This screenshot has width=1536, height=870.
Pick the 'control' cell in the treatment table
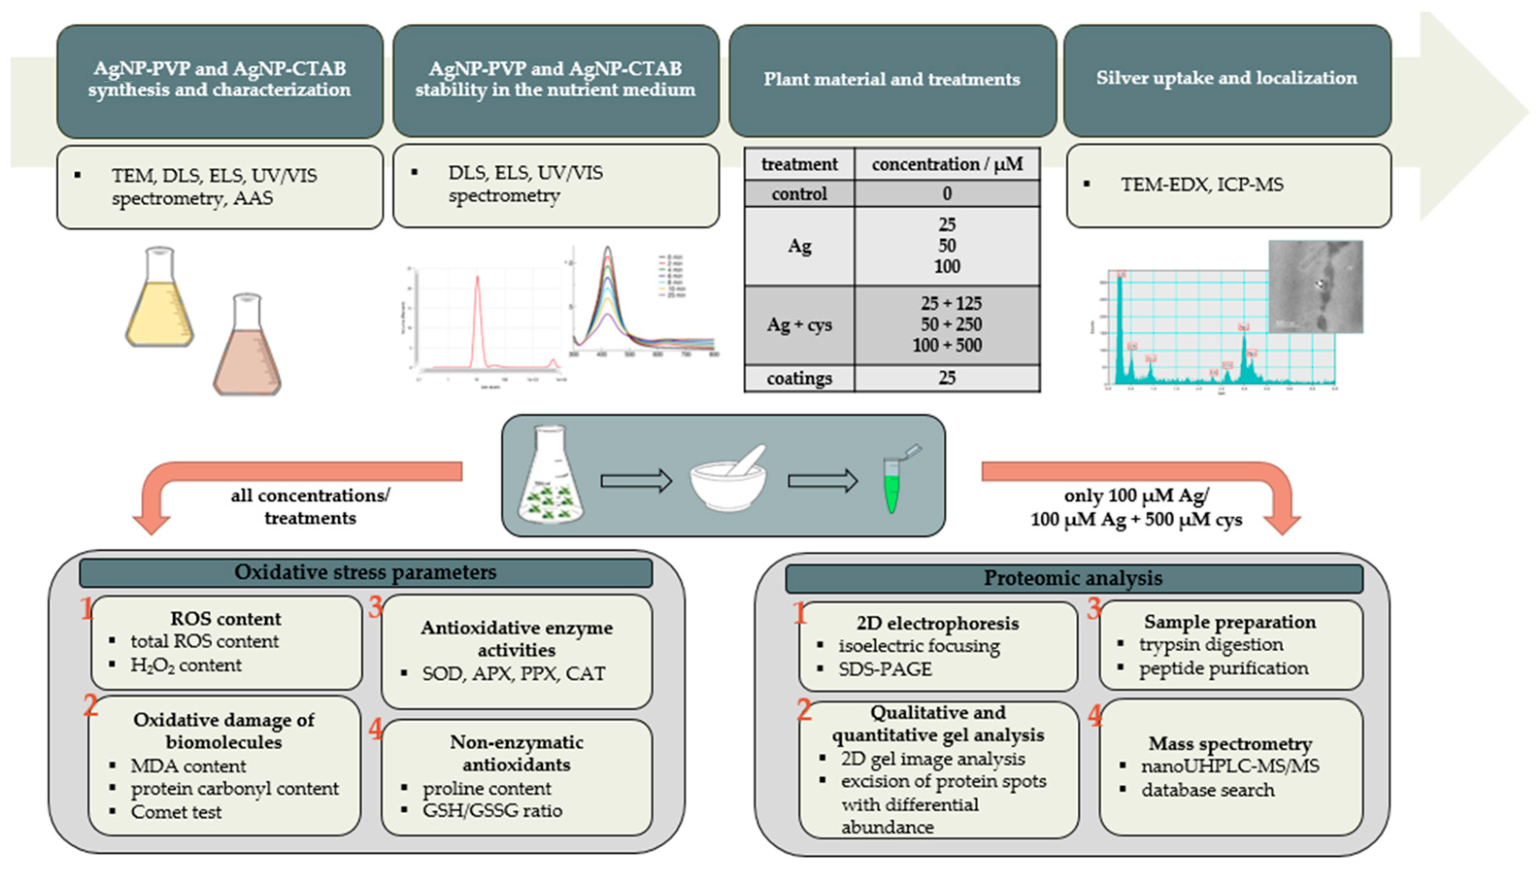pos(799,194)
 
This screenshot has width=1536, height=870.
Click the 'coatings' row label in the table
pos(799,378)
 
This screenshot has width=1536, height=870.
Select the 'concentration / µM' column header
pos(947,164)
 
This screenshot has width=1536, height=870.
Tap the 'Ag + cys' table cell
pos(799,325)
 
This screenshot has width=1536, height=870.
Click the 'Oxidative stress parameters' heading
pos(365,572)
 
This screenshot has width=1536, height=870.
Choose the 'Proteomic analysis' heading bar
pos(1073,578)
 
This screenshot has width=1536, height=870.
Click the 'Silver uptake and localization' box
pos(1227,80)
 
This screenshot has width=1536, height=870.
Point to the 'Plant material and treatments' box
pos(892,80)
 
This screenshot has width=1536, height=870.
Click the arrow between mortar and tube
pos(823,480)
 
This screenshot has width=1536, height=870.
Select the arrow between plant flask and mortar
pos(636,480)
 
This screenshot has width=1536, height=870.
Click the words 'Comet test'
pos(176,812)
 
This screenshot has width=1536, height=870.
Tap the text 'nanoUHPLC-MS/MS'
pos(1230,766)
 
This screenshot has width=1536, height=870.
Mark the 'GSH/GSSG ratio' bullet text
pos(492,811)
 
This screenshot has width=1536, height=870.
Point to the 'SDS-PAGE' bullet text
pos(885,669)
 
